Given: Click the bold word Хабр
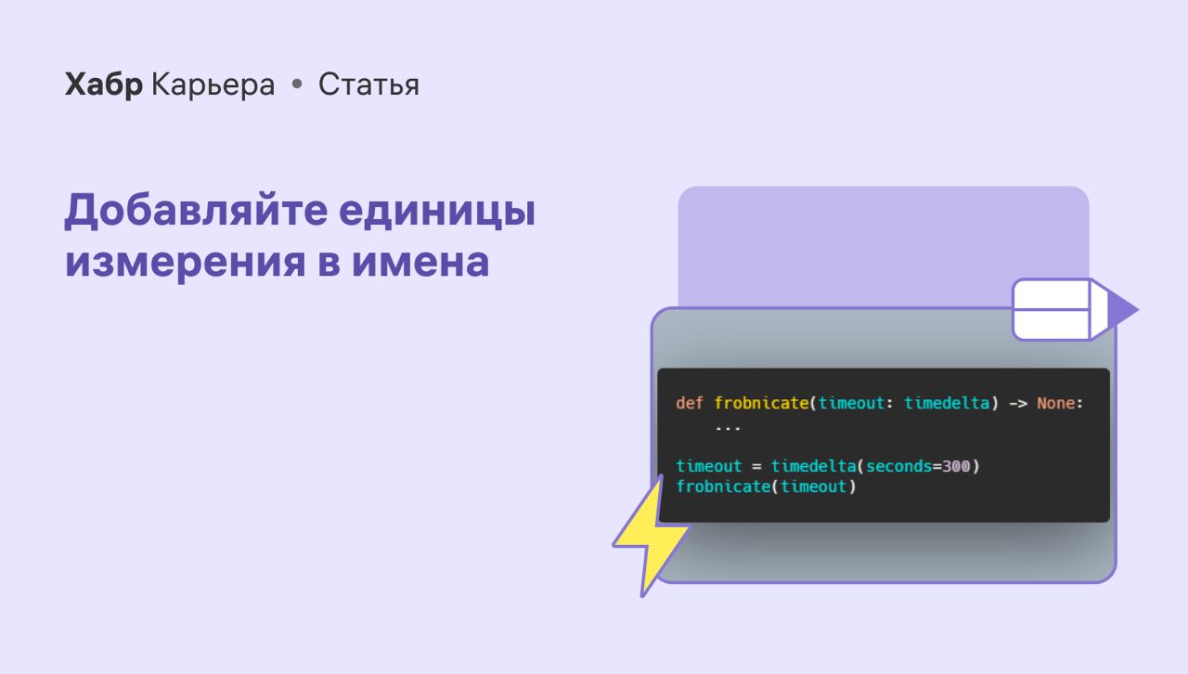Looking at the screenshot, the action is pyautogui.click(x=103, y=84).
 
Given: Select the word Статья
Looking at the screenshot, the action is pyautogui.click(x=368, y=84).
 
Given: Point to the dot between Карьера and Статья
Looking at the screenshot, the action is pyautogui.click(x=297, y=84).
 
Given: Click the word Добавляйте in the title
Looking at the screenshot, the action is pyautogui.click(x=197, y=211).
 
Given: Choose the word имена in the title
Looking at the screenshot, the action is pyautogui.click(x=420, y=262).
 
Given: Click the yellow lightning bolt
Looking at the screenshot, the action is pyautogui.click(x=652, y=535).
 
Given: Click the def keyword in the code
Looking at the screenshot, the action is pyautogui.click(x=690, y=403).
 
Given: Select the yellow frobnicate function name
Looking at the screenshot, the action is pyautogui.click(x=762, y=403).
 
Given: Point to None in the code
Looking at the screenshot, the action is pyautogui.click(x=1056, y=403).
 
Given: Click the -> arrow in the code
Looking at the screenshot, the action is pyautogui.click(x=1018, y=404).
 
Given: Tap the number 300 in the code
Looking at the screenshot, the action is pyautogui.click(x=956, y=466).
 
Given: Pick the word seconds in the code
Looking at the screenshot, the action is pyautogui.click(x=899, y=466).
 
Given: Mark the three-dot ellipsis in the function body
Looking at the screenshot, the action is pyautogui.click(x=728, y=428).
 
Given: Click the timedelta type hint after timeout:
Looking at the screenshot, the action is pyautogui.click(x=947, y=403).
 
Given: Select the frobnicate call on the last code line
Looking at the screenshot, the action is pyautogui.click(x=723, y=486).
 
